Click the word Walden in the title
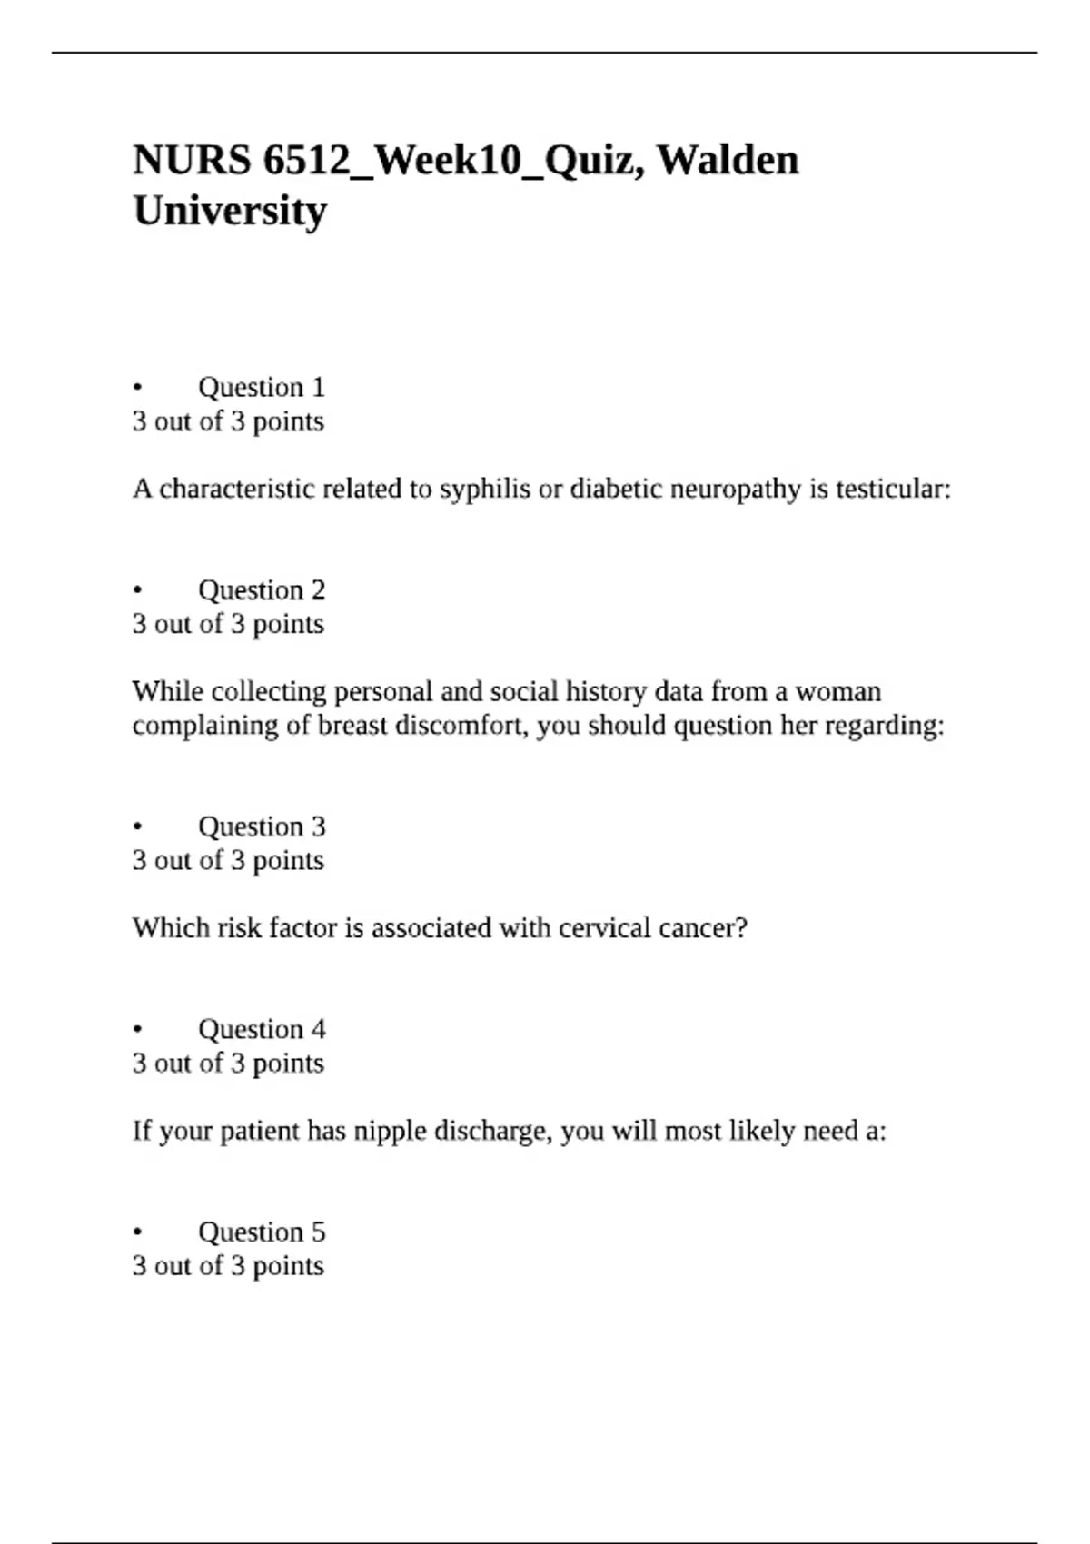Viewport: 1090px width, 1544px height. point(728,161)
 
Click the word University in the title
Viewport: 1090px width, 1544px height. point(230,212)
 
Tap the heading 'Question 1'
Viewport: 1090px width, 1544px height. point(261,388)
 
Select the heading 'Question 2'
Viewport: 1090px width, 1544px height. point(261,590)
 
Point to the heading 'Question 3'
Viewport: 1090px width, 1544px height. point(261,826)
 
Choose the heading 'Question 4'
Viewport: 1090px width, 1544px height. point(261,1029)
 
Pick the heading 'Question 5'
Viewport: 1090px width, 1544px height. point(261,1232)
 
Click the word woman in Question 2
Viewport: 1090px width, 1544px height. point(838,692)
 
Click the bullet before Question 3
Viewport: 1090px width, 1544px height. point(138,827)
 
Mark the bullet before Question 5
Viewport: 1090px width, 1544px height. point(138,1232)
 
